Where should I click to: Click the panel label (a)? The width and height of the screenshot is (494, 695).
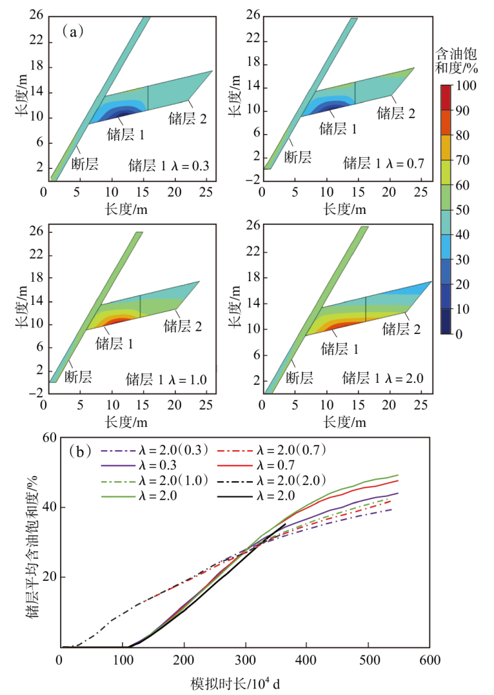tap(73, 32)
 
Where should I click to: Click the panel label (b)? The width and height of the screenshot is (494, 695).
tap(81, 451)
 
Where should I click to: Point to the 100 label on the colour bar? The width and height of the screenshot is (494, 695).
tap(466, 85)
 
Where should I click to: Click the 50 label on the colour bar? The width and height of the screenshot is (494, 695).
tap(462, 210)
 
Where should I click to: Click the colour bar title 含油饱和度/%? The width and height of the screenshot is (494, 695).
tap(456, 61)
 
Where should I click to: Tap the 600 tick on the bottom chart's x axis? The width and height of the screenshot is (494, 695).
tap(430, 660)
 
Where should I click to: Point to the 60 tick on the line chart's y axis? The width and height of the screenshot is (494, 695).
tap(50, 438)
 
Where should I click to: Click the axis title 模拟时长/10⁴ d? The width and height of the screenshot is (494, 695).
tap(236, 684)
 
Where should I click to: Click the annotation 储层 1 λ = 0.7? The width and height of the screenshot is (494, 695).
tap(384, 164)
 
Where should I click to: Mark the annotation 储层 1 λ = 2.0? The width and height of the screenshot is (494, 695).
tap(382, 378)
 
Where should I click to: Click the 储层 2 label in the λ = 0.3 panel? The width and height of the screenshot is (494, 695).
tap(188, 119)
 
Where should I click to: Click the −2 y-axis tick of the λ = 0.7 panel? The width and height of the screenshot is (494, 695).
tap(253, 180)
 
